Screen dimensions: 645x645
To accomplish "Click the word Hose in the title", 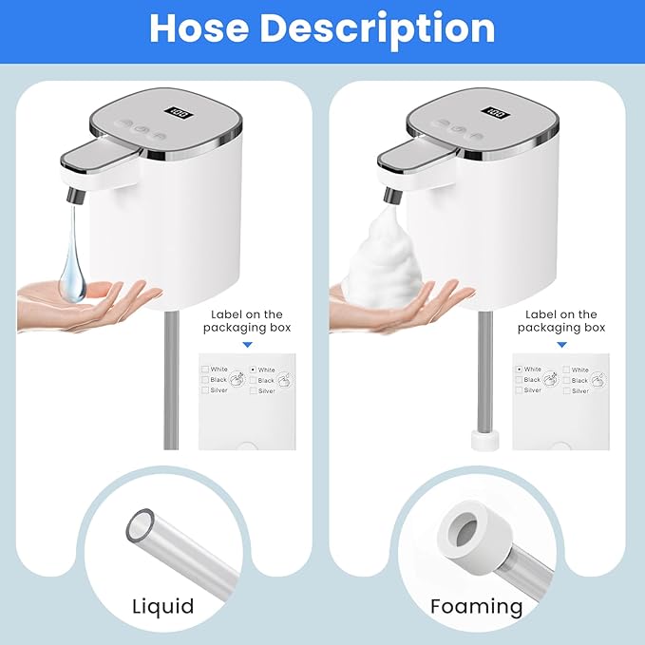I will point(199,28).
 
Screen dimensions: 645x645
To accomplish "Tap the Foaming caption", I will point(476,606).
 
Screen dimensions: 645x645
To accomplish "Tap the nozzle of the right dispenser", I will point(390,194).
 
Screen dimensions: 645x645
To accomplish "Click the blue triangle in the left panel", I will point(248,347).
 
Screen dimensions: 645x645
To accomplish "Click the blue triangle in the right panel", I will point(560,347).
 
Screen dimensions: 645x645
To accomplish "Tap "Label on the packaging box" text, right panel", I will point(560,320).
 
